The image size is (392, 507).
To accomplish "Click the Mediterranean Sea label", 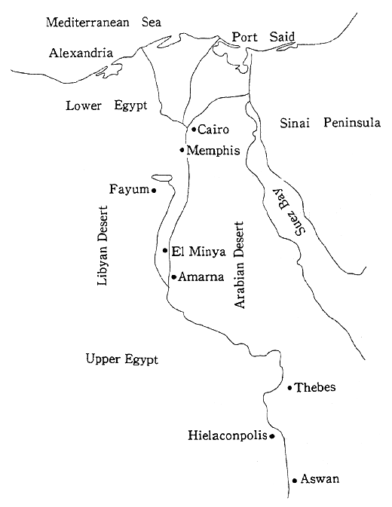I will point(105,22).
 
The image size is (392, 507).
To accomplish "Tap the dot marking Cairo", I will point(194,130).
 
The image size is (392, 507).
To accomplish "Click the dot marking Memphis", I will point(182,150).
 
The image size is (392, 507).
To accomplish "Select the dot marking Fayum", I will point(154,190).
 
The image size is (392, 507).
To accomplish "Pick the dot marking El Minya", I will point(165,251).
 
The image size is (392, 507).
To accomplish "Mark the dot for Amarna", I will point(173,277).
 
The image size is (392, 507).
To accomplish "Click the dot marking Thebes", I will point(290,388).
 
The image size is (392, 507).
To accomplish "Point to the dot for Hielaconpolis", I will point(271,435).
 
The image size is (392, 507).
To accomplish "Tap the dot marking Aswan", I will point(294,480).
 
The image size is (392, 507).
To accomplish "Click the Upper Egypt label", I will point(122,359).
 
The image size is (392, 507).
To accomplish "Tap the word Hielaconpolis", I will point(227,435).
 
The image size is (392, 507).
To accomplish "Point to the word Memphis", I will point(214,151).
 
